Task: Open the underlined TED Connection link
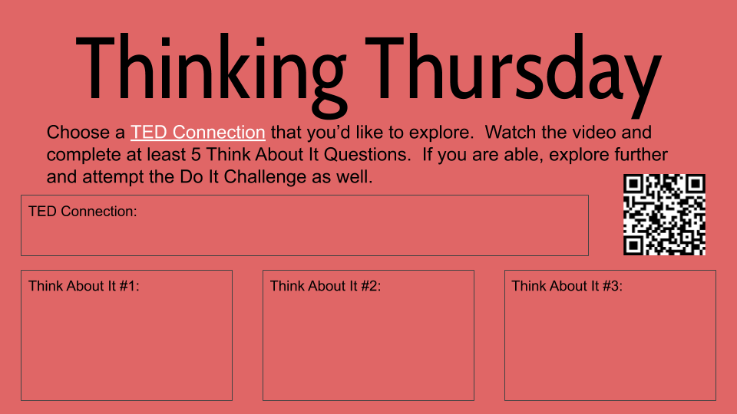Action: (x=198, y=132)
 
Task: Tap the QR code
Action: (x=664, y=215)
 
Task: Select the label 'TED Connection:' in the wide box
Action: (x=82, y=211)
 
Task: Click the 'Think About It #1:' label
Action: (x=84, y=286)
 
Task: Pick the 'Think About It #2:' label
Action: (x=326, y=286)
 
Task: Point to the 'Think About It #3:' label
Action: (x=567, y=286)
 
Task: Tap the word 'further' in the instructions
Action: (x=639, y=155)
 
